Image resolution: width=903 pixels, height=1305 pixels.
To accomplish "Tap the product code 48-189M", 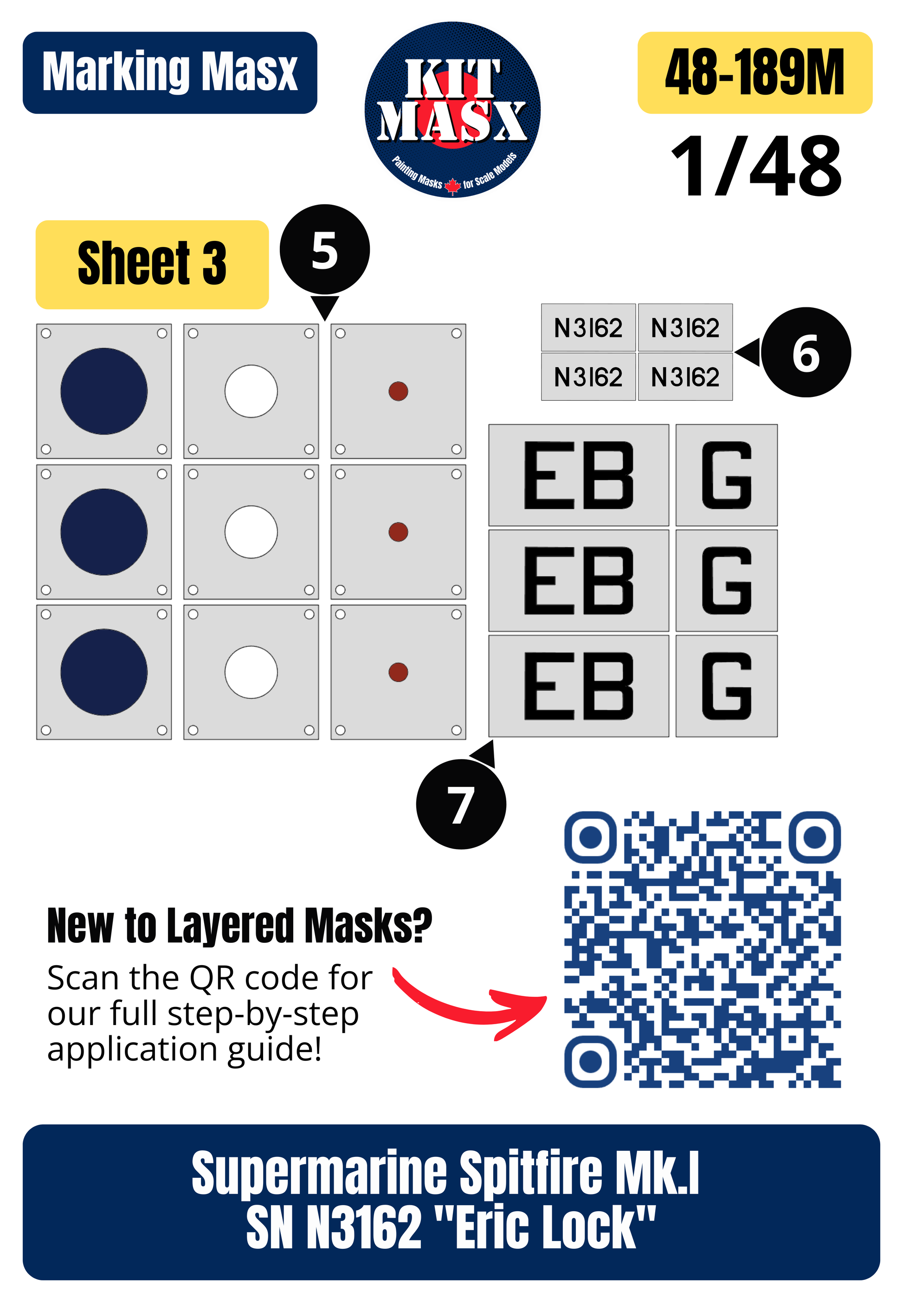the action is coord(755,72).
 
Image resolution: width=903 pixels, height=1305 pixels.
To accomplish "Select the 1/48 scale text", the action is coord(756,166).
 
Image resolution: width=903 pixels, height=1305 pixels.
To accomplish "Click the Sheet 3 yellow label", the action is coord(152,264).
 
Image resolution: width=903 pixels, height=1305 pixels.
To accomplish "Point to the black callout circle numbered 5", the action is coord(325,250).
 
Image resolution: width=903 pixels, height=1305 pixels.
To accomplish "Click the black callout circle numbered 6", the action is coord(806,352).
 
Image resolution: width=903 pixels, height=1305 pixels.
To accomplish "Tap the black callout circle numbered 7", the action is coord(461,804).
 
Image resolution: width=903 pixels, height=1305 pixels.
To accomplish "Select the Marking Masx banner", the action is coord(170,72).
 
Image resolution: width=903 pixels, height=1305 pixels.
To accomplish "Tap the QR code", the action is coord(702,949).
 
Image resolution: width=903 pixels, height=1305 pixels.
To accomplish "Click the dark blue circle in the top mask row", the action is coord(104,391).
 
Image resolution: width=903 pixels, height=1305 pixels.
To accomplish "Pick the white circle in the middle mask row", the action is coord(251,532).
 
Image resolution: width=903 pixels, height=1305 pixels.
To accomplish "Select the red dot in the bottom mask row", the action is coord(398,672).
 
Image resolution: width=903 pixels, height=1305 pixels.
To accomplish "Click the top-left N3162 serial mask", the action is coord(588,328).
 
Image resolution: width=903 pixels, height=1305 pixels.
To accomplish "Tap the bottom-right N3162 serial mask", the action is coord(685,377).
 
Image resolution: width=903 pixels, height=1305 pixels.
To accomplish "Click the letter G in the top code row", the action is coord(727,475).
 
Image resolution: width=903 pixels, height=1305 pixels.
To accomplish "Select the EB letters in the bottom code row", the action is coord(578,685).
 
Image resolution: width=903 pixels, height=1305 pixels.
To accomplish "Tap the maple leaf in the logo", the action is coord(452,186).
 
